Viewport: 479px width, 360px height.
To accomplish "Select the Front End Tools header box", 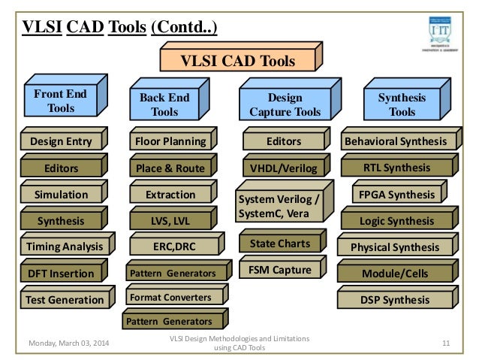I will (61, 101).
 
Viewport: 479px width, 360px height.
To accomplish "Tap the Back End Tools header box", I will (165, 106).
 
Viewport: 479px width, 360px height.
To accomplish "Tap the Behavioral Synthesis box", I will (394, 141).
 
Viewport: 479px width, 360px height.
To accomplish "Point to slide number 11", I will (446, 343).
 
